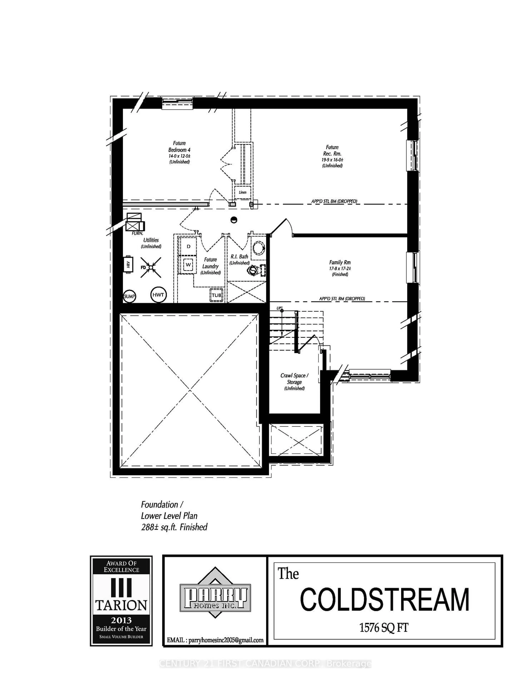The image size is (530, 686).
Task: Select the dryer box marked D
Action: click(188, 247)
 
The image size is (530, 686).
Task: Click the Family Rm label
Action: click(340, 262)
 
